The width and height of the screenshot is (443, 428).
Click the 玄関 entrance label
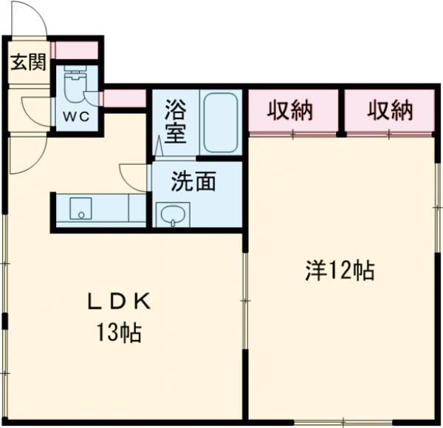click(x=27, y=62)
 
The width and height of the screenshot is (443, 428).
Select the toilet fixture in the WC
click(x=74, y=86)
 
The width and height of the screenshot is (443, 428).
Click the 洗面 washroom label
click(x=194, y=181)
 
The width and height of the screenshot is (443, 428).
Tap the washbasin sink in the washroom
click(x=173, y=215)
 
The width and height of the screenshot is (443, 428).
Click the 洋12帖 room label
click(x=340, y=271)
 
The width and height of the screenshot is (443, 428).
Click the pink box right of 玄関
click(x=75, y=50)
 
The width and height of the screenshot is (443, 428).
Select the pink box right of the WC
click(x=124, y=98)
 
